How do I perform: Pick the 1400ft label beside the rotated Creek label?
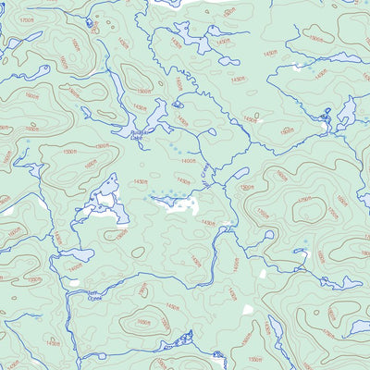click(x=188, y=161)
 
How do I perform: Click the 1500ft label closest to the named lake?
click(x=142, y=92)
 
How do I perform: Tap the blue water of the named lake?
click(x=148, y=124)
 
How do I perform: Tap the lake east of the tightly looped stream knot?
click(x=347, y=115)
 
